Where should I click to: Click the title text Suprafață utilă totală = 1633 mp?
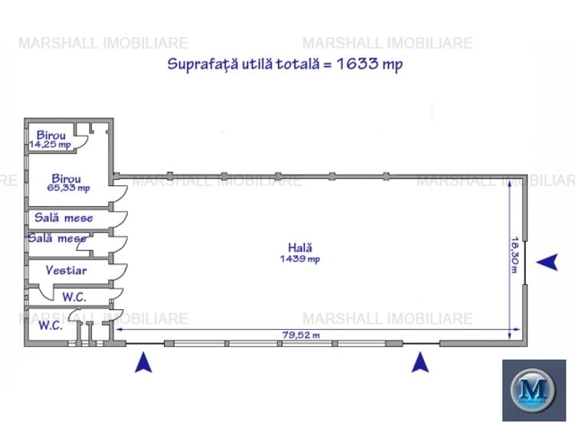pyautogui.click(x=285, y=64)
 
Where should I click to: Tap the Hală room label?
pyautogui.click(x=300, y=247)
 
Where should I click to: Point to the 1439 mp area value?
pyautogui.click(x=300, y=259)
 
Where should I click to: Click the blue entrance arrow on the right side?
pyautogui.click(x=547, y=263)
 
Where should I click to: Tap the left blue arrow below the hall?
pyautogui.click(x=143, y=361)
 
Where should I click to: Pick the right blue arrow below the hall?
pyautogui.click(x=420, y=361)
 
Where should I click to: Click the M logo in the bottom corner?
pyautogui.click(x=534, y=390)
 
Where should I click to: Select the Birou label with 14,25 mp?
pyautogui.click(x=51, y=135)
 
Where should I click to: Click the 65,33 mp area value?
pyautogui.click(x=69, y=188)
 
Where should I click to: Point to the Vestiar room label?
pyautogui.click(x=66, y=270)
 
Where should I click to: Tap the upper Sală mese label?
pyautogui.click(x=64, y=217)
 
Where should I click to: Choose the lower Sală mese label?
pyautogui.click(x=57, y=238)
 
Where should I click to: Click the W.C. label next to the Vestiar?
pyautogui.click(x=74, y=296)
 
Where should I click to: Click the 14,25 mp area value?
pyautogui.click(x=50, y=144)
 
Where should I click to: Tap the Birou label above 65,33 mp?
pyautogui.click(x=67, y=178)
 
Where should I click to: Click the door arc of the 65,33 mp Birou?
pyautogui.click(x=119, y=192)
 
